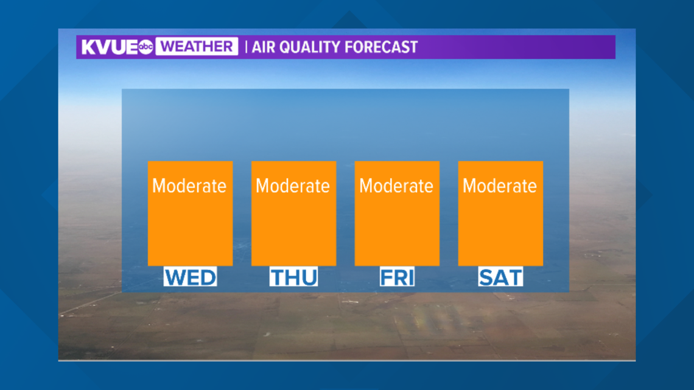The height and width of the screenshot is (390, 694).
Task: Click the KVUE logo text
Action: click(x=110, y=47)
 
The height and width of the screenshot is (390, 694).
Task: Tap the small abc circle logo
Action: click(x=145, y=47)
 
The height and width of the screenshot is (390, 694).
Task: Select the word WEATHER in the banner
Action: click(x=197, y=46)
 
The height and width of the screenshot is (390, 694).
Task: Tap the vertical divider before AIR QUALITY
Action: click(x=246, y=47)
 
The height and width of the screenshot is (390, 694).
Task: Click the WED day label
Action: click(x=191, y=277)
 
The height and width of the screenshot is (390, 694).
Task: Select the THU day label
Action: click(x=294, y=277)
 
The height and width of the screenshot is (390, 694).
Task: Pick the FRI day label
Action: click(x=397, y=277)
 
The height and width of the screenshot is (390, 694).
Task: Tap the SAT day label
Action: click(x=500, y=277)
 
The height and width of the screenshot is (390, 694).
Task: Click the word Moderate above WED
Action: click(x=189, y=186)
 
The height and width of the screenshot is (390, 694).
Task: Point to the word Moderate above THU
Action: click(x=293, y=186)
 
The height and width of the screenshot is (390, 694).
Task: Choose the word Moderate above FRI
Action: click(x=396, y=186)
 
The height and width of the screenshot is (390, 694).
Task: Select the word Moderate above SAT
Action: click(x=500, y=186)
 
